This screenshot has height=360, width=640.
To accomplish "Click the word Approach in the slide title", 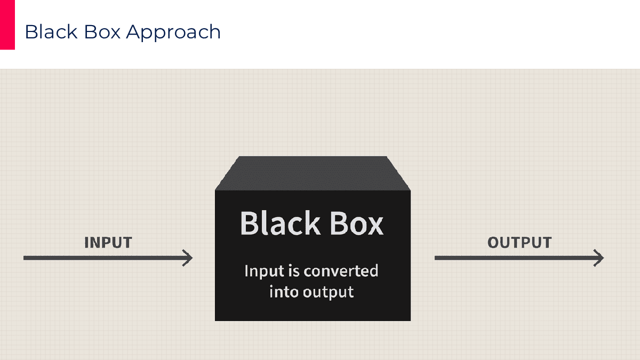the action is (173, 33).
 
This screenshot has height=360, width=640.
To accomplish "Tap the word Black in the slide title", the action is (51, 31).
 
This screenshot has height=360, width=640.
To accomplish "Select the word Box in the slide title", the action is (102, 31).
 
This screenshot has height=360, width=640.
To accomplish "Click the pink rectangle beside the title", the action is (7, 25).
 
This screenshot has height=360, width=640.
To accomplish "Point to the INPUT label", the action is (108, 243).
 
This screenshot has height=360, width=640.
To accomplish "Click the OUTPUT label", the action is (519, 243).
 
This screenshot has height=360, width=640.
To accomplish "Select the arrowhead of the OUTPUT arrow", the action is (599, 258).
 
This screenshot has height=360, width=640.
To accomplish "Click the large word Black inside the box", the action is (280, 223).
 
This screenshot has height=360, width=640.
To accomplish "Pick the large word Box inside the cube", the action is (357, 223).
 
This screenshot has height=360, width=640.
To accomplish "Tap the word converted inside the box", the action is (341, 270).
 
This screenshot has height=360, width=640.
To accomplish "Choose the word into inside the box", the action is (284, 292).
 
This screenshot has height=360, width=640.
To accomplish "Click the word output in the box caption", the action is (329, 293).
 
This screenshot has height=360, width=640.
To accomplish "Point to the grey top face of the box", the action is (313, 173).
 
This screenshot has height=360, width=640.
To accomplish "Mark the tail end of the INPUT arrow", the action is (23, 258).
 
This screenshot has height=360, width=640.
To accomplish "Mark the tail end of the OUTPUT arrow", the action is (435, 258).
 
